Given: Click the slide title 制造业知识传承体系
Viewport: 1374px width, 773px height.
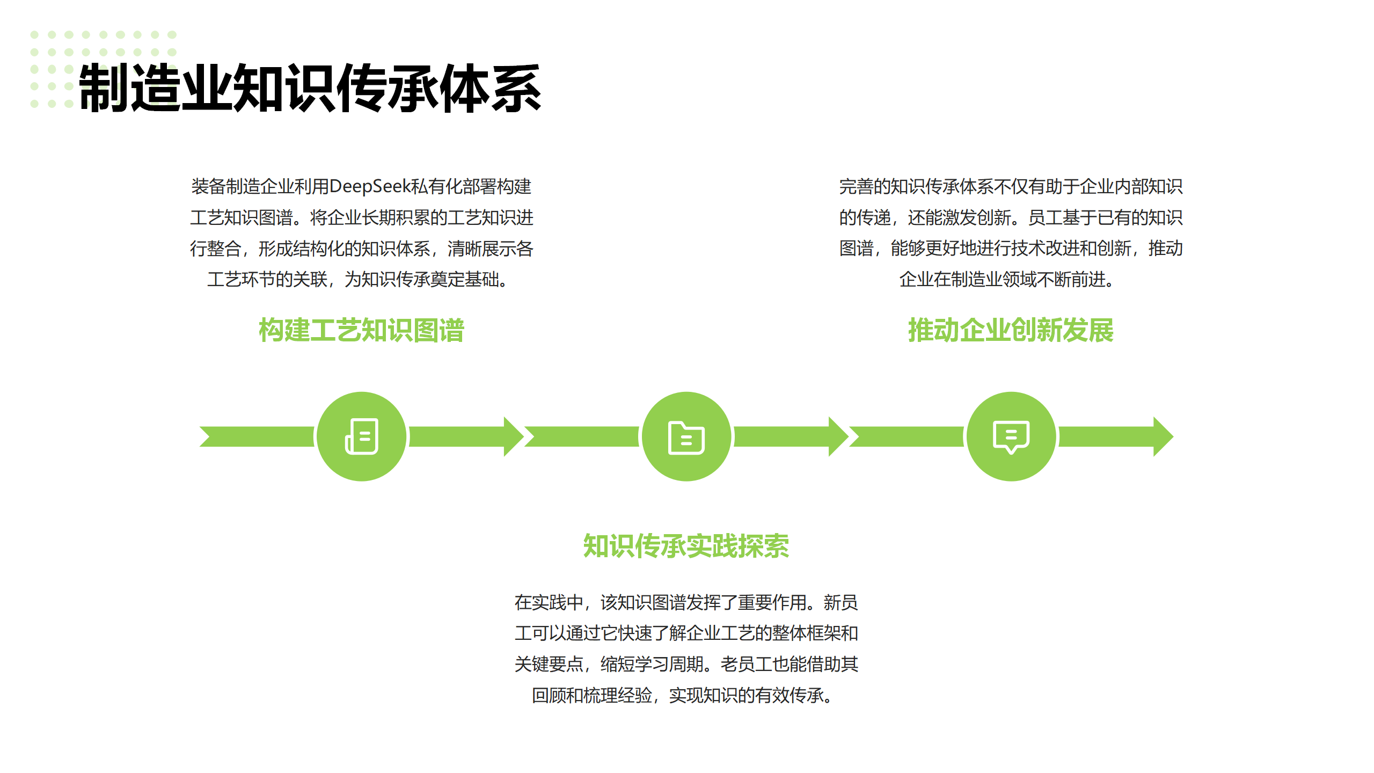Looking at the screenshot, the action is [x=310, y=87].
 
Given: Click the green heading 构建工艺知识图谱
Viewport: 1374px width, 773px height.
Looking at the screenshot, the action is [x=361, y=330].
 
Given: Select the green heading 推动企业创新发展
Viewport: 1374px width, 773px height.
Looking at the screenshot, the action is [x=1011, y=330].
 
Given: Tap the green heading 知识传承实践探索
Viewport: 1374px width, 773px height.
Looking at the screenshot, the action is [x=686, y=546].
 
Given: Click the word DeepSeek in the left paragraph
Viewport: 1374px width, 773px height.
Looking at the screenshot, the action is [x=369, y=187].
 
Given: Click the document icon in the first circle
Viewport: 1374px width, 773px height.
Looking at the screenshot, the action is [x=361, y=436].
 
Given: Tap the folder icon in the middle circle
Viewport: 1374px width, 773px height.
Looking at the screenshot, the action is [x=686, y=438].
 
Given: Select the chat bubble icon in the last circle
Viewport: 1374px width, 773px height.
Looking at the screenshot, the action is [x=1011, y=437].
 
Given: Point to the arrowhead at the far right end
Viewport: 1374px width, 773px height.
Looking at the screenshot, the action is [x=1163, y=436].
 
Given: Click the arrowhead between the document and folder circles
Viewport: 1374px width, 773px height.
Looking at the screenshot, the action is [x=514, y=436].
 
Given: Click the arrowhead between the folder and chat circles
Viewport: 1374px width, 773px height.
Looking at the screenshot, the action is [x=838, y=436].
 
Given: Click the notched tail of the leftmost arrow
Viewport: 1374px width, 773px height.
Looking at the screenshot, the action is [x=206, y=436].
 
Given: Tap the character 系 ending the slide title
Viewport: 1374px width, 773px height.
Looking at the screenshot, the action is [x=516, y=87].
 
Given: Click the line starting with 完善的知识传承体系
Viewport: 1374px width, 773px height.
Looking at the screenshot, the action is [x=1011, y=187].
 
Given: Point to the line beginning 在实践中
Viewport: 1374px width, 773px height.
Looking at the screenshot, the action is [x=686, y=603].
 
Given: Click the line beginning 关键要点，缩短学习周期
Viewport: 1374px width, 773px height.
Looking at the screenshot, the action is [x=686, y=665].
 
